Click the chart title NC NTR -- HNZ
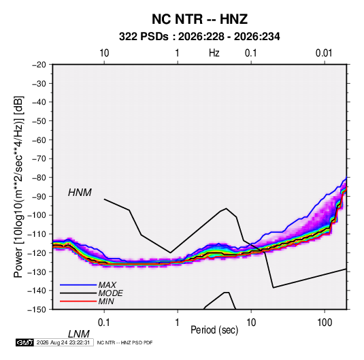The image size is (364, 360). click(x=199, y=19)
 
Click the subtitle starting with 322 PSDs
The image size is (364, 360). click(x=199, y=37)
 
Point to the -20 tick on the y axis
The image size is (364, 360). click(x=39, y=65)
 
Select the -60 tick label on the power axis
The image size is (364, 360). click(x=39, y=140)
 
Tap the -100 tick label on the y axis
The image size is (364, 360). click(x=37, y=215)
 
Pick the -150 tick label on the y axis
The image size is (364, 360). click(x=37, y=310)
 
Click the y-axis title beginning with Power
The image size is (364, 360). click(x=19, y=187)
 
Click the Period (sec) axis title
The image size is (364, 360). click(x=214, y=330)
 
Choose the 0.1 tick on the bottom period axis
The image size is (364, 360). click(x=103, y=322)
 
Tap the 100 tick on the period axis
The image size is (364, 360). click(x=325, y=322)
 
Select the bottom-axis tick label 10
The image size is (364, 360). click(x=251, y=322)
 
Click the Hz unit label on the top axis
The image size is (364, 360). click(x=214, y=53)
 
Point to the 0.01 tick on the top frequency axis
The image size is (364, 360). click(x=324, y=53)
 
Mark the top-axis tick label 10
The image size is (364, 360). click(x=104, y=53)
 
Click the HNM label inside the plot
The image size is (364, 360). click(x=80, y=193)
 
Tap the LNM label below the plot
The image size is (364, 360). click(x=79, y=334)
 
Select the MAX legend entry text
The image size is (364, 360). click(x=107, y=284)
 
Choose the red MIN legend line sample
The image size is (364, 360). click(x=78, y=301)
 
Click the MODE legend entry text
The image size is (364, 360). click(x=110, y=293)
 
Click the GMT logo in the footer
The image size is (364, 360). click(x=24, y=342)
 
